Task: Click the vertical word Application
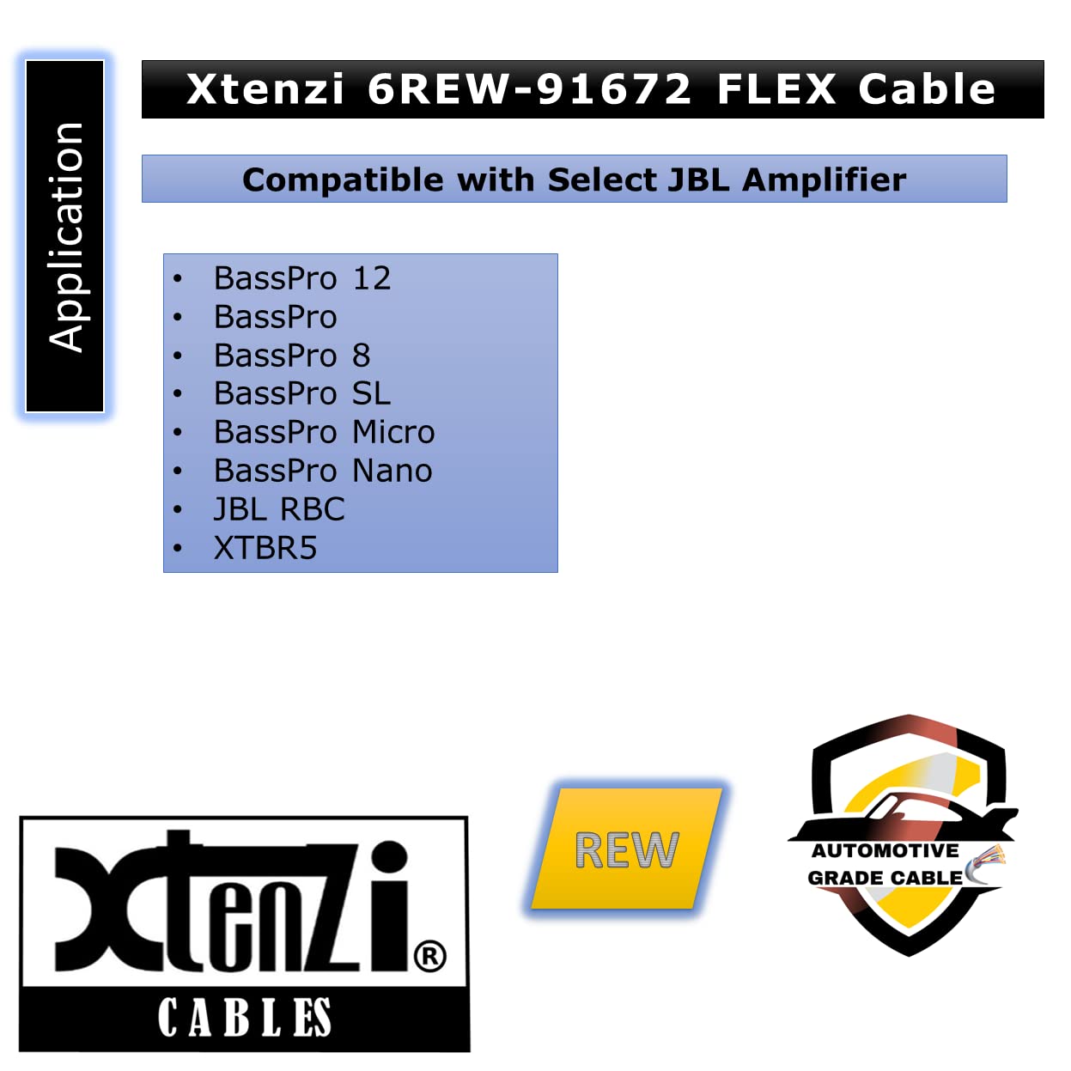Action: coord(65,237)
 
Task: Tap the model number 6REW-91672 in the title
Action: coord(530,89)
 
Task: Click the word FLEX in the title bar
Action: coord(776,89)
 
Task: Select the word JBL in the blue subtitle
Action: coord(698,180)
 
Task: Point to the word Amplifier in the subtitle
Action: coord(825,180)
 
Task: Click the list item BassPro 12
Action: coord(302,278)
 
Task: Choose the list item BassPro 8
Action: coord(292,356)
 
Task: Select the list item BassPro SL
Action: coord(302,393)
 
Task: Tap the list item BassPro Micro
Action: coord(324,432)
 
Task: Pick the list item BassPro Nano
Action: coord(323,471)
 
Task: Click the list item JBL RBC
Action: coord(279,509)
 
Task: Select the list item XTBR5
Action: coord(265,547)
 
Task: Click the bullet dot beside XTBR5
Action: coord(177,548)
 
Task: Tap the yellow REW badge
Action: coord(626,849)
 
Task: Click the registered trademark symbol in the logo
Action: coord(430,956)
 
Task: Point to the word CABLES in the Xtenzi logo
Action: coord(245,1017)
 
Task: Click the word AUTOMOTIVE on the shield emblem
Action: coord(885,850)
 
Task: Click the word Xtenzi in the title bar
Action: coord(265,89)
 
